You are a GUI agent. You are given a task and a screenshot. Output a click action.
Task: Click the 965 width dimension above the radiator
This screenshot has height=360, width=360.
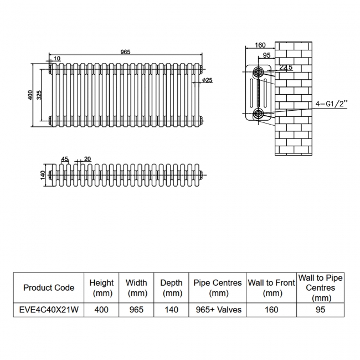click(125, 52)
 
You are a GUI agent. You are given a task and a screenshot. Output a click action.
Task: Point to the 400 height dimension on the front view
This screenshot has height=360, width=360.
click(31, 95)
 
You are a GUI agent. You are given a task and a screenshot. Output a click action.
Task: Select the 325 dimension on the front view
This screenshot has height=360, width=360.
click(39, 95)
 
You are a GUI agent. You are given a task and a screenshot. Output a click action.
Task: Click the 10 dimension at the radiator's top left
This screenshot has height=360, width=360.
click(58, 59)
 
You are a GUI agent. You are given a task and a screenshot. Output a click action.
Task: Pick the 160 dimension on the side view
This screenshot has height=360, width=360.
click(261, 45)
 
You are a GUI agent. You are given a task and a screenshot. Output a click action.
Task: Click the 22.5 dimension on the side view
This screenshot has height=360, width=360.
click(286, 68)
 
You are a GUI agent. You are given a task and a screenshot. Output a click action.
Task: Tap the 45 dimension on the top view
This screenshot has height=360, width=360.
click(64, 159)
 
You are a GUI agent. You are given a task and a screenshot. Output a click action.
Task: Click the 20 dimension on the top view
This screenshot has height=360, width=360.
click(88, 159)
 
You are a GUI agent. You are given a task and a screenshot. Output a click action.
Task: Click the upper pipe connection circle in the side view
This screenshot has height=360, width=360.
click(259, 72)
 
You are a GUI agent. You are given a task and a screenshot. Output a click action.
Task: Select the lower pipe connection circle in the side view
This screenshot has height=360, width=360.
click(259, 114)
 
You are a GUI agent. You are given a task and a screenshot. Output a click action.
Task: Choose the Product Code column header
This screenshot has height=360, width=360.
click(49, 287)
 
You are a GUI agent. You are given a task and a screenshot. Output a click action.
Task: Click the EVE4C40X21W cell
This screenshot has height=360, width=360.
click(49, 310)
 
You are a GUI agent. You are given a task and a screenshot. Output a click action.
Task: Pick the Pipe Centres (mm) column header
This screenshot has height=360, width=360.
click(218, 287)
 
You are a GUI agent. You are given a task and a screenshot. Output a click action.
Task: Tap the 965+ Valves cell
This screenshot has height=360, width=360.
click(218, 310)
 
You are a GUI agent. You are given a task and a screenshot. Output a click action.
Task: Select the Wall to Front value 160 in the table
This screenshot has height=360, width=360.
click(271, 310)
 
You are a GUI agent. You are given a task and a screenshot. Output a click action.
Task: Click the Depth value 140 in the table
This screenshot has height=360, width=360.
click(172, 310)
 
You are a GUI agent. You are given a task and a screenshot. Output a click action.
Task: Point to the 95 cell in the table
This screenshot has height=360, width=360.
click(321, 310)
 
